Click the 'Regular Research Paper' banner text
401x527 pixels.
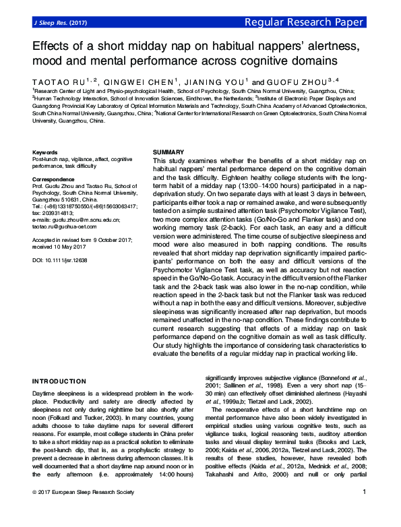(315, 23)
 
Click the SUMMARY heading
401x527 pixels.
(168, 153)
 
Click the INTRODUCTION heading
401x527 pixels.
(60, 381)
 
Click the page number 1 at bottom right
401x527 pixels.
(364, 511)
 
